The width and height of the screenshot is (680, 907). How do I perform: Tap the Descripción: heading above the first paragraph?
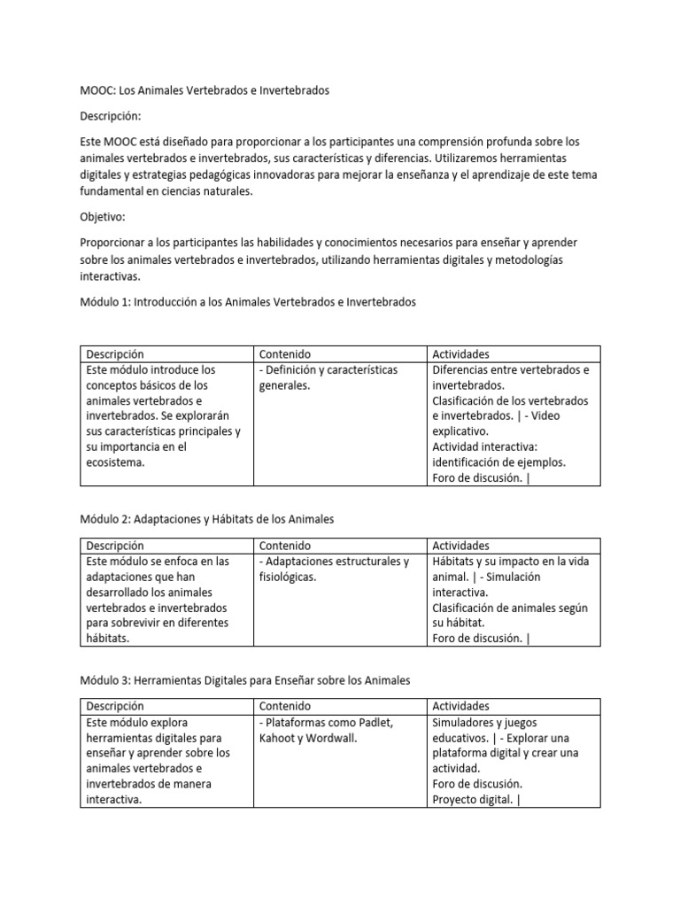tap(111, 116)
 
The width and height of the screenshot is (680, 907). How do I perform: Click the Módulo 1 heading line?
tap(247, 302)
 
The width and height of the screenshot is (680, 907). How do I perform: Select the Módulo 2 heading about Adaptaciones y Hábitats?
tap(206, 518)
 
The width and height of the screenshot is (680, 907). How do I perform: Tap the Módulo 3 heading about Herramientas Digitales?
tap(245, 680)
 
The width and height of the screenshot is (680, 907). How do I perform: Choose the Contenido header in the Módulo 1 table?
tap(285, 354)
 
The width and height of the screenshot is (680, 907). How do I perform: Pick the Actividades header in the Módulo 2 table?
tap(460, 546)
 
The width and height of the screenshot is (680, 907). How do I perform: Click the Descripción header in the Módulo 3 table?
tap(115, 707)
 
